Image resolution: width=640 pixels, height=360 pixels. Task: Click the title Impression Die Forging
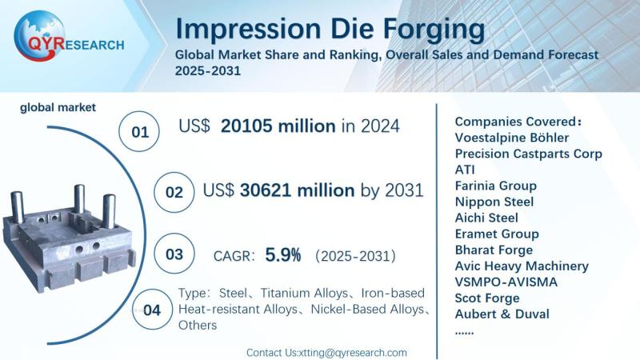click(x=330, y=30)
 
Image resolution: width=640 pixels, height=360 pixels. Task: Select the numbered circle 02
click(x=174, y=192)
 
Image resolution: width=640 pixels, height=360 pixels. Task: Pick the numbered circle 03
click(x=174, y=254)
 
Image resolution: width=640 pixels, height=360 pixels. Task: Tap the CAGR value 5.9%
click(x=282, y=255)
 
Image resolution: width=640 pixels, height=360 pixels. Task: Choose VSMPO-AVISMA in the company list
click(x=506, y=282)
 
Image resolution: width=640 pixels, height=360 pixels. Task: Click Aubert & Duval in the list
click(x=502, y=314)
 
